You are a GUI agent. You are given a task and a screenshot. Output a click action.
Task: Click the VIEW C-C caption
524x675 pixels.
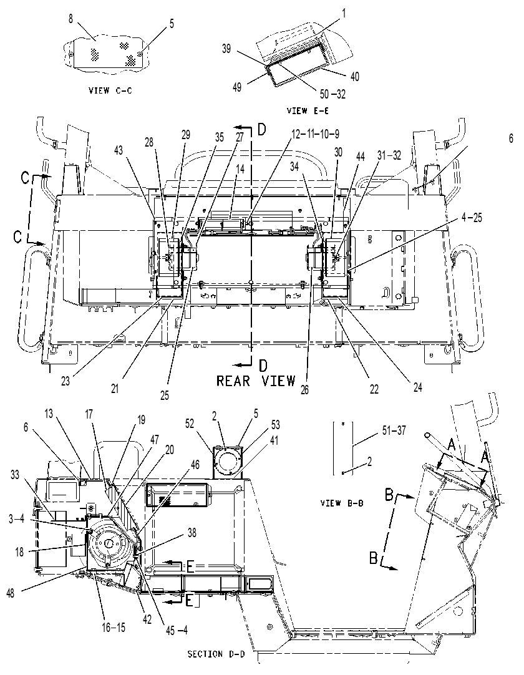tap(110, 90)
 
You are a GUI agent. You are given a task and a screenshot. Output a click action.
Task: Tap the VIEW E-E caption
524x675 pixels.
tap(308, 110)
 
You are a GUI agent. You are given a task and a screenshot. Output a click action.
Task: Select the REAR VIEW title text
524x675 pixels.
tap(256, 381)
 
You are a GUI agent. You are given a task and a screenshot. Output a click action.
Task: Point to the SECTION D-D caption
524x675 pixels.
tap(216, 654)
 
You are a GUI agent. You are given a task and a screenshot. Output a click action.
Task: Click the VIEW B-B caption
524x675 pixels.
tap(342, 502)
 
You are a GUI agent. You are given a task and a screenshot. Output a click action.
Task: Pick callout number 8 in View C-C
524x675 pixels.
tap(71, 19)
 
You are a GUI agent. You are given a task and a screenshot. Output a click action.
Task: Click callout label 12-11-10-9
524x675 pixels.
tap(315, 134)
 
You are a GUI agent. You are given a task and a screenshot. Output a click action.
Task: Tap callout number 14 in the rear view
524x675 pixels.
tap(240, 168)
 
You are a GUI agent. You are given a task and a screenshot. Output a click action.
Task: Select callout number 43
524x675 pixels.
tap(119, 150)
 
